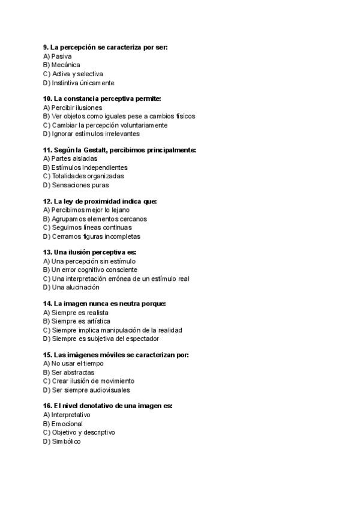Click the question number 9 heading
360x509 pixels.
click(x=46, y=47)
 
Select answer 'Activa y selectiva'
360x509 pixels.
click(x=77, y=74)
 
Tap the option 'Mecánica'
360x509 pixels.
click(x=65, y=65)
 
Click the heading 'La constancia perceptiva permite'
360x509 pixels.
click(x=107, y=98)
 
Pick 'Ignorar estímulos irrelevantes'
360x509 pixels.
click(x=95, y=134)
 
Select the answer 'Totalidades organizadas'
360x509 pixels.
click(x=88, y=176)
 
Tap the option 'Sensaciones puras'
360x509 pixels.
click(x=80, y=185)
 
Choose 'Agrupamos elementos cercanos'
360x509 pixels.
click(x=99, y=219)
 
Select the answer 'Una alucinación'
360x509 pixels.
click(x=76, y=288)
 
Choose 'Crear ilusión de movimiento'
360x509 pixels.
click(x=93, y=381)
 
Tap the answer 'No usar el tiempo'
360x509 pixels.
click(x=77, y=363)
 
